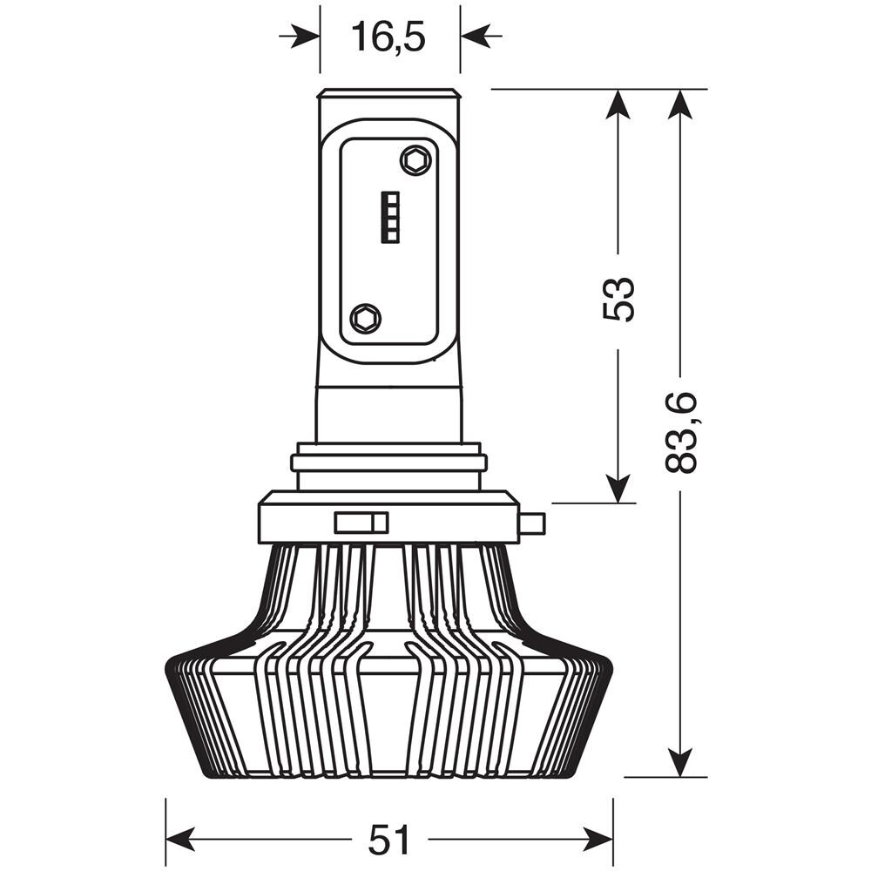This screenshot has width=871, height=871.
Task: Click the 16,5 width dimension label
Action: [389, 37]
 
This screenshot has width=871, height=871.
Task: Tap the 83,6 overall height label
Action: [682, 432]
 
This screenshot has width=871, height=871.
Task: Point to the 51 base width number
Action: [389, 841]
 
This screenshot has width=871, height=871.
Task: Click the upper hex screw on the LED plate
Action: [415, 160]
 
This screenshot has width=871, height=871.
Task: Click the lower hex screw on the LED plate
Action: [366, 318]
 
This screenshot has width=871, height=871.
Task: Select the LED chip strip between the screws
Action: [388, 215]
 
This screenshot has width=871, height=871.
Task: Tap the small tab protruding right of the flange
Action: [532, 523]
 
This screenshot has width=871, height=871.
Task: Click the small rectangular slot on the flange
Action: [361, 523]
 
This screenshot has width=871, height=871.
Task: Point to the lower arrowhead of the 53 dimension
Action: [618, 488]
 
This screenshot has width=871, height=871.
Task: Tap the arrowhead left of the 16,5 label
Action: [305, 37]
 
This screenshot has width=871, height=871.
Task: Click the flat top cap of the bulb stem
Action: [388, 95]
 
